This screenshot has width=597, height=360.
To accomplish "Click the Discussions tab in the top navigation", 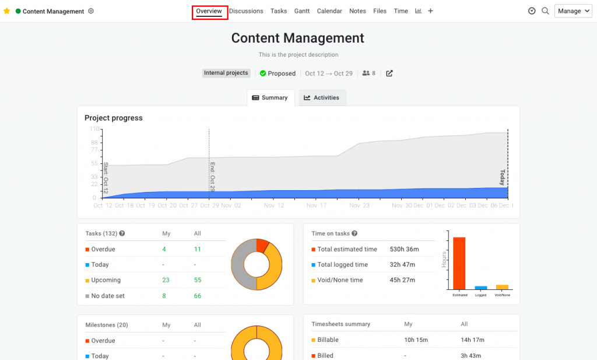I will [245, 11].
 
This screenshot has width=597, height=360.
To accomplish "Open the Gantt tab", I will [302, 11].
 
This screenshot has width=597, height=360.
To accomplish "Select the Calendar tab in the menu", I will [329, 11].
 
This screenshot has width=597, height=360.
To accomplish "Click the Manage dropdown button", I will [573, 11].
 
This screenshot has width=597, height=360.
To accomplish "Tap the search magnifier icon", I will [545, 11].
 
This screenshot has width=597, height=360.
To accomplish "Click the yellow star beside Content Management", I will [7, 11].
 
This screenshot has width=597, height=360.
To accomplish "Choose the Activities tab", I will [322, 97].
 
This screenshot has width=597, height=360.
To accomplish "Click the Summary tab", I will [270, 97].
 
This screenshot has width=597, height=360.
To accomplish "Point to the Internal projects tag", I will [226, 74].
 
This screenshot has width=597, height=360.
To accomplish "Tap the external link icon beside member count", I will [389, 74].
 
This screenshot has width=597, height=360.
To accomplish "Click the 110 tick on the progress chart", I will [93, 128].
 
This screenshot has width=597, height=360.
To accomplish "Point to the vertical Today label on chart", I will [502, 177].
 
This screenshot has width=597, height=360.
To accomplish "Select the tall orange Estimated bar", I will [459, 263].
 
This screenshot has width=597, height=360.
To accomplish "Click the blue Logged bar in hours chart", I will [481, 287].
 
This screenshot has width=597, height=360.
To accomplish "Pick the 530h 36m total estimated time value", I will [404, 249].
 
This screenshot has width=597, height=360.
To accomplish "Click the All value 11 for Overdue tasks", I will [197, 249].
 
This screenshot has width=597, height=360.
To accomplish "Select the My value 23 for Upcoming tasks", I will [166, 280].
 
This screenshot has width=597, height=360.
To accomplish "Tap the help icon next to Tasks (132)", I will [122, 233].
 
